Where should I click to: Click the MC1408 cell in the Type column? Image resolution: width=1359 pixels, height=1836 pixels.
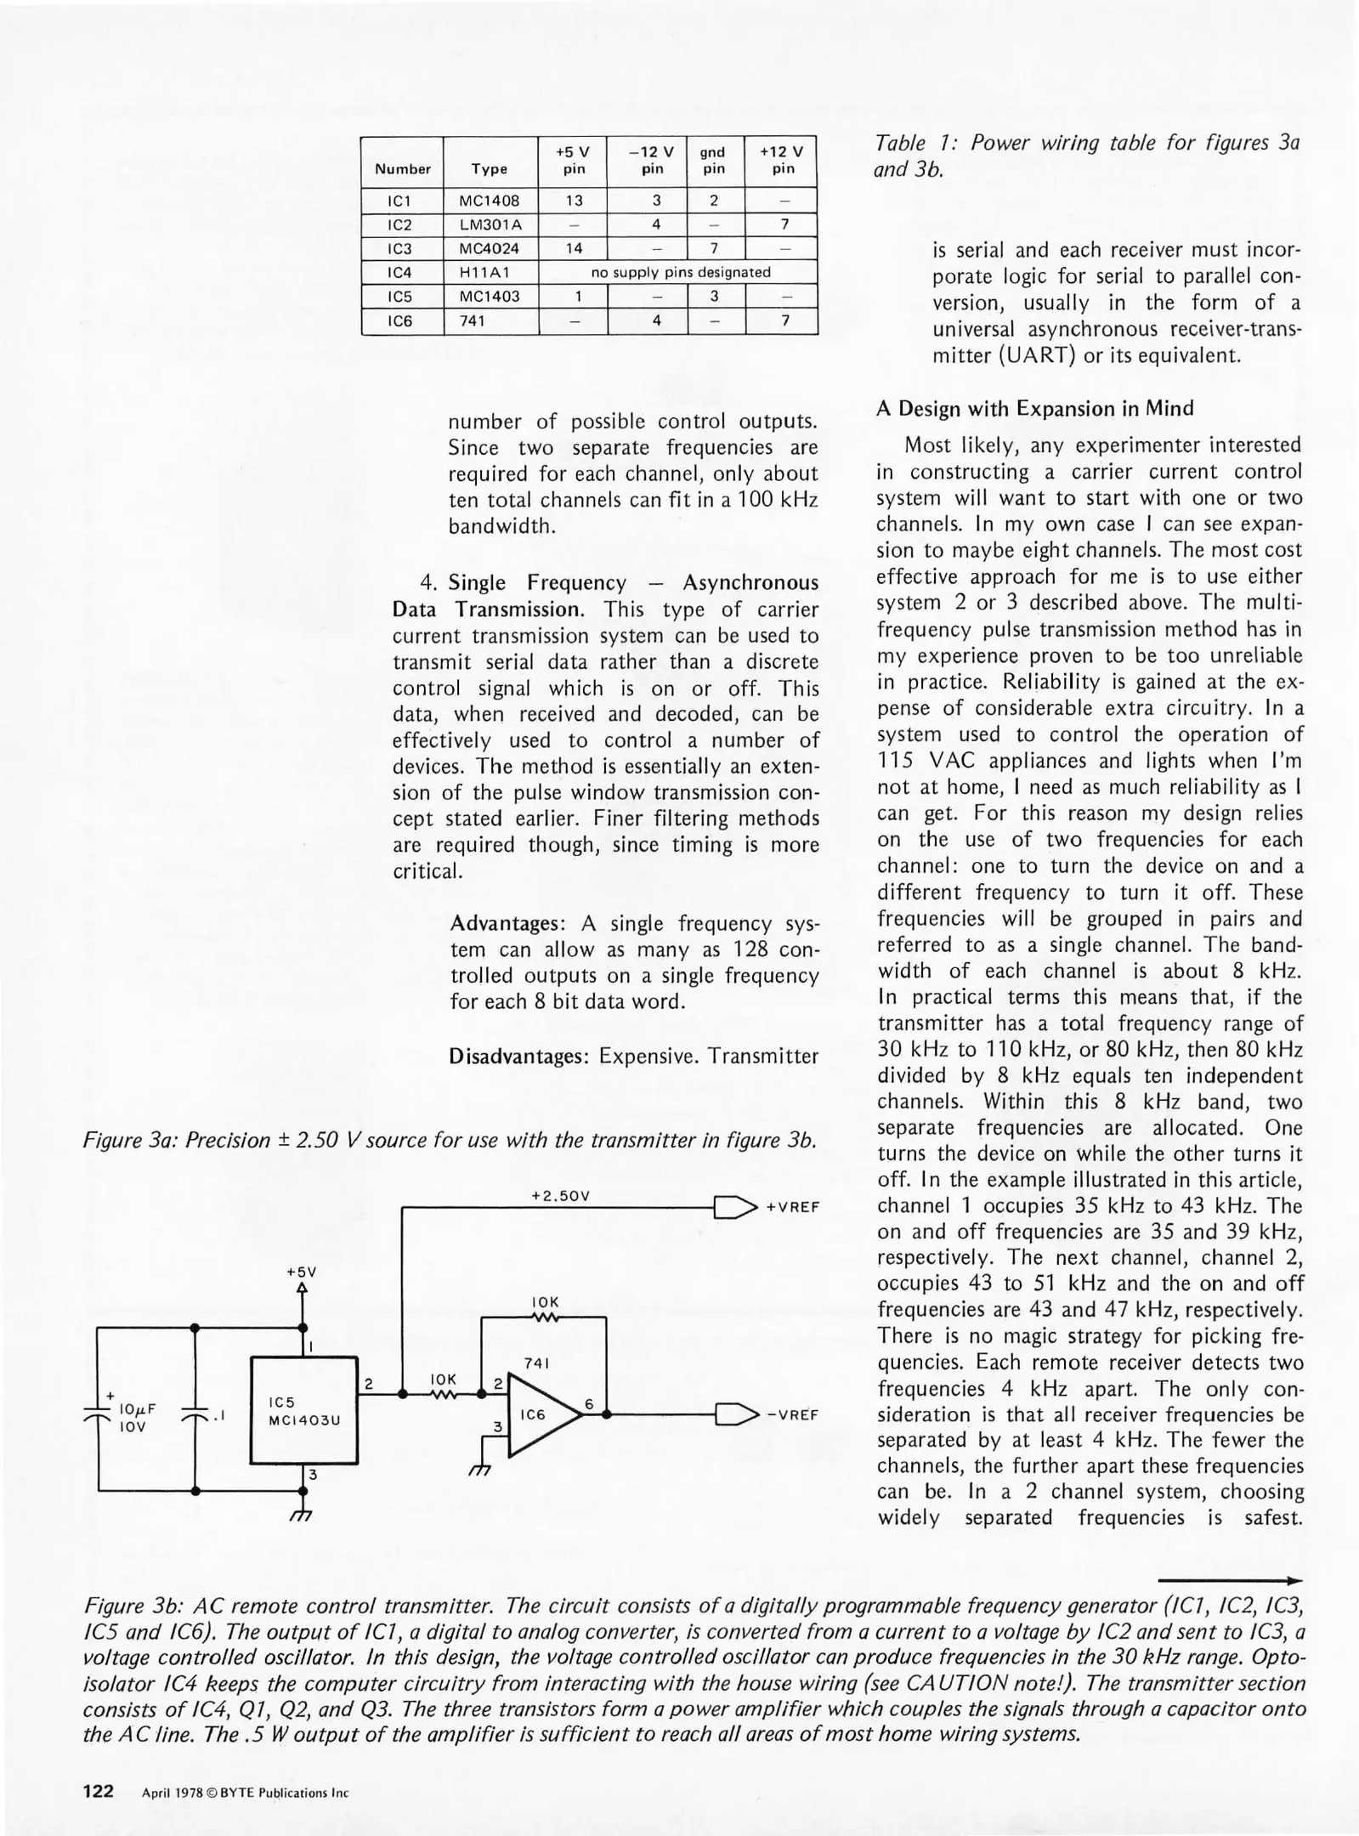point(490,201)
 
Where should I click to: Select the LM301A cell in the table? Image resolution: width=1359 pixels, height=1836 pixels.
point(490,225)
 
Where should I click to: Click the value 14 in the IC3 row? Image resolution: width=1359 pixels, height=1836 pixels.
point(574,249)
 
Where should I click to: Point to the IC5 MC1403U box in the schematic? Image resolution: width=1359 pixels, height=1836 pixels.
point(303,1411)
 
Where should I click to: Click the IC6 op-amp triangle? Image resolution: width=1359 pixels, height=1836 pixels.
point(540,1414)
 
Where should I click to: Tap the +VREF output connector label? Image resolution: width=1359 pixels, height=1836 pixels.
point(792,1207)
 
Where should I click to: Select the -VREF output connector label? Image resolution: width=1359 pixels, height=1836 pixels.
point(792,1415)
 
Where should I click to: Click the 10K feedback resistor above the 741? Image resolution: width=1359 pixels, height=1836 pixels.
point(544,1317)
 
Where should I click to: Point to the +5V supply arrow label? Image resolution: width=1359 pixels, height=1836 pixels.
point(301,1272)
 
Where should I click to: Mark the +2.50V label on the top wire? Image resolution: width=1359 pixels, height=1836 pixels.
point(560,1196)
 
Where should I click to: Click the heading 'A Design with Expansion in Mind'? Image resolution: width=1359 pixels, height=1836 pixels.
point(1035,409)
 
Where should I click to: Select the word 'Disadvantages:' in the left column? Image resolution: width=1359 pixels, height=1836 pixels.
point(519,1057)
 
